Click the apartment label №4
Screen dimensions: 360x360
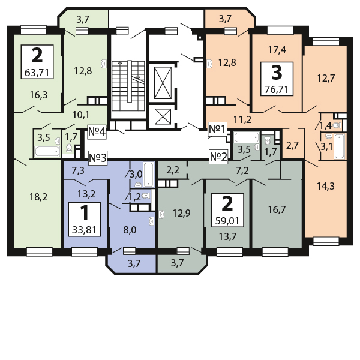pos(97,132)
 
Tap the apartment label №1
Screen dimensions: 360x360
pos(217,129)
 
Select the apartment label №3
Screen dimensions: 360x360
pos(98,158)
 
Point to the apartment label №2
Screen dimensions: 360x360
pos(218,157)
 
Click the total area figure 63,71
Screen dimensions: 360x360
pos(37,73)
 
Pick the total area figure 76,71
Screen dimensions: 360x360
pos(277,89)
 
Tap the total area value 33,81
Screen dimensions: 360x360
pos(84,230)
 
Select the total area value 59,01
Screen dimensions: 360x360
pos(227,221)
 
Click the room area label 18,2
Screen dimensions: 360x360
pos(38,197)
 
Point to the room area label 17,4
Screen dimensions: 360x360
pos(277,50)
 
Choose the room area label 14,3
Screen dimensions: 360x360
pos(326,186)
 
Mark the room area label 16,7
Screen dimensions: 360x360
pos(277,209)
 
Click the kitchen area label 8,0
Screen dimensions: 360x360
pos(130,230)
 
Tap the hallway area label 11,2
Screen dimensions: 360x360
pos(242,119)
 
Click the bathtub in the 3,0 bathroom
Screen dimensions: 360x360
pos(148,174)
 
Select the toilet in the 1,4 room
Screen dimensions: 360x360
pos(337,125)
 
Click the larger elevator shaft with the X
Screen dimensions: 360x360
pos(163,83)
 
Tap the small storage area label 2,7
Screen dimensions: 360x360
pos(292,146)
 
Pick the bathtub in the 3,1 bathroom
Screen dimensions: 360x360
pos(340,146)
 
